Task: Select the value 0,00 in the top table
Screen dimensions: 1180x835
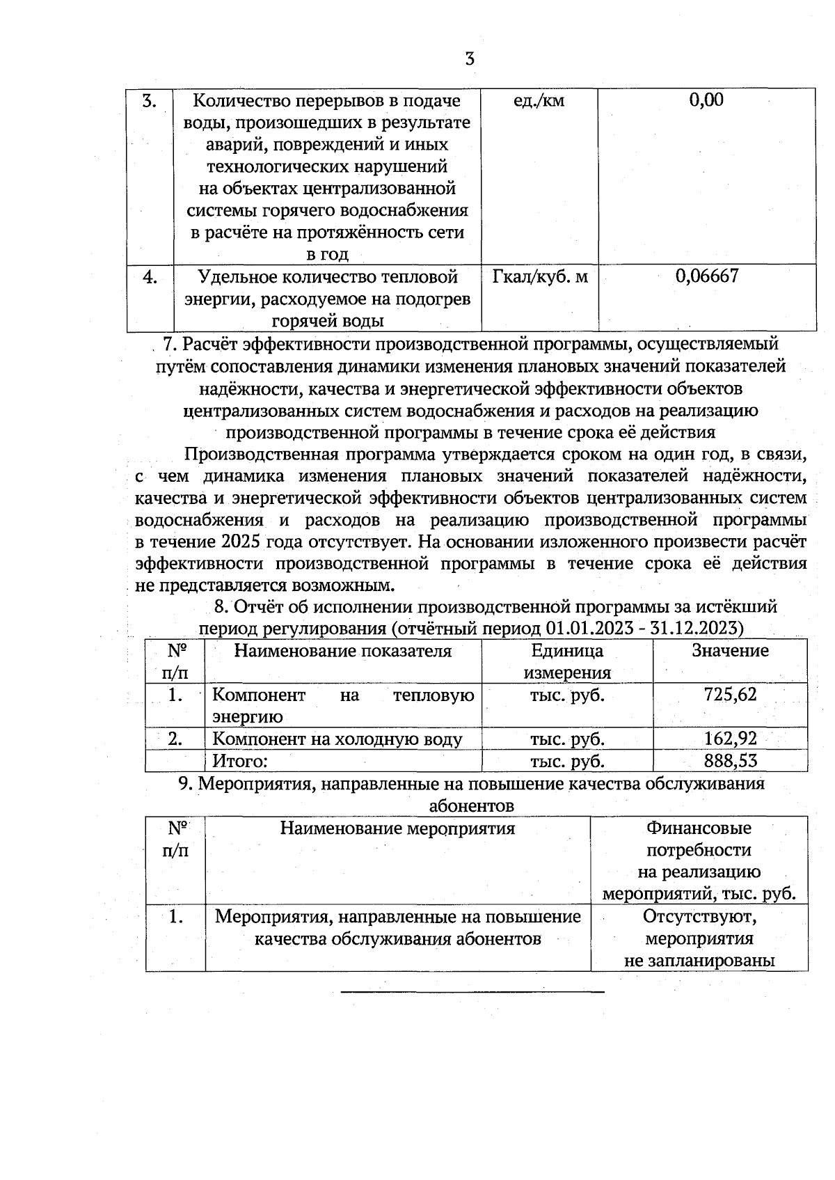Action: [706, 100]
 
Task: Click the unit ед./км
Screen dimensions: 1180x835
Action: [539, 101]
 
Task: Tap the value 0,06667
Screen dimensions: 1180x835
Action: [706, 276]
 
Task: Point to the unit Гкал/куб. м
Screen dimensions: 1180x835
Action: [540, 277]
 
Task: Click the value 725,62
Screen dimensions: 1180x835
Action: [730, 694]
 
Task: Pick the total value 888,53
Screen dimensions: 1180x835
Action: [730, 760]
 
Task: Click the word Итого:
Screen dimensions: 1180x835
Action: [240, 761]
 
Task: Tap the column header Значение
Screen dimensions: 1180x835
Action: [730, 651]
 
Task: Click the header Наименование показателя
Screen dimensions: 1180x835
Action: [342, 651]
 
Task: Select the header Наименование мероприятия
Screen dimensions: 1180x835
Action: [397, 828]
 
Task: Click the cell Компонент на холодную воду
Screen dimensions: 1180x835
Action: [337, 739]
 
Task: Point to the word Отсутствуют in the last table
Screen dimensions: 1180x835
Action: [699, 916]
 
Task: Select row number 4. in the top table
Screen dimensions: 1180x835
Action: [150, 277]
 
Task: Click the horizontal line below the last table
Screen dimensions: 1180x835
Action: [472, 991]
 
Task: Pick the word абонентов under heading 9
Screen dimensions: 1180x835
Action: [472, 806]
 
